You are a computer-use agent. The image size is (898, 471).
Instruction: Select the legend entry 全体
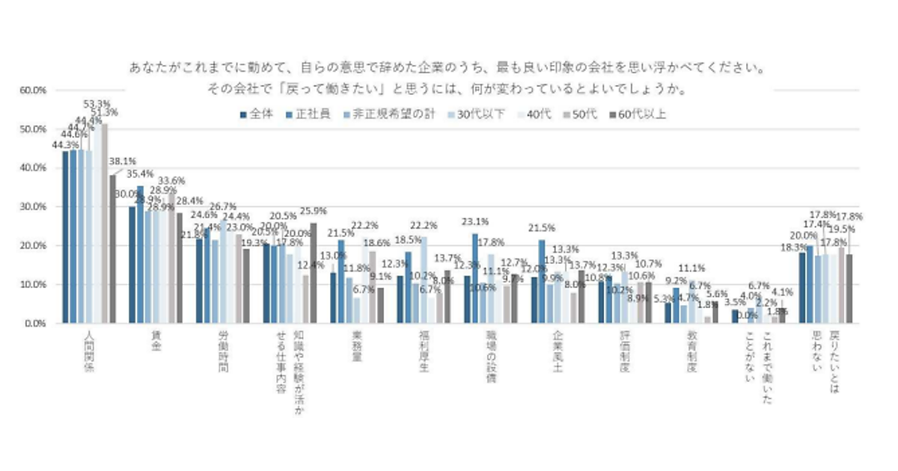258,114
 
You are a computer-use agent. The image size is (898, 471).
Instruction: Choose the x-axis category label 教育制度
693,351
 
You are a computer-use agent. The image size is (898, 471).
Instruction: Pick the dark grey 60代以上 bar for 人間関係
112,250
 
